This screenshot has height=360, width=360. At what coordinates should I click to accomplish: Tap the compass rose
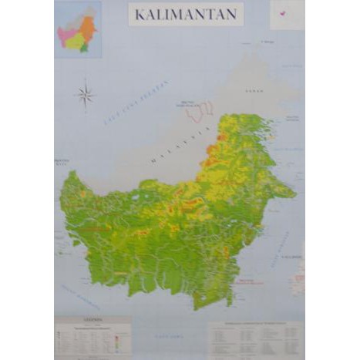[x=85, y=96]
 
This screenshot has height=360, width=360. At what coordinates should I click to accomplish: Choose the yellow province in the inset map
[x=75, y=42]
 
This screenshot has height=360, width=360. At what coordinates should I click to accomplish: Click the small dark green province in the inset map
[x=84, y=48]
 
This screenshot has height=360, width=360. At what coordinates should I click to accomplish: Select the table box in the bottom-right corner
[x=255, y=336]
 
